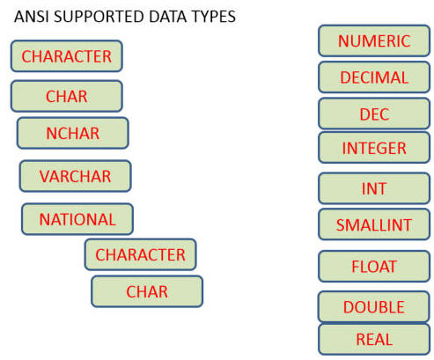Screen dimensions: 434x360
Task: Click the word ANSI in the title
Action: tap(32, 17)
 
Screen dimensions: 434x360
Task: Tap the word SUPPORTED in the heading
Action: tap(99, 17)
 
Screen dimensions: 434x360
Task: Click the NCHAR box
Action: tap(73, 133)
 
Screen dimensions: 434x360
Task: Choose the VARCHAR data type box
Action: tap(76, 176)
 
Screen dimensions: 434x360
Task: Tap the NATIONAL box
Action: tap(77, 219)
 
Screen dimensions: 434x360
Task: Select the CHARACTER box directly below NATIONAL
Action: tap(141, 254)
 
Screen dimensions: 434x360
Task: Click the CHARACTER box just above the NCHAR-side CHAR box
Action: tap(67, 55)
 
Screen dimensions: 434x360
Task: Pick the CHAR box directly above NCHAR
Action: tap(67, 96)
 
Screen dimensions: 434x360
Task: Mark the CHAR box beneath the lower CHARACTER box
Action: tap(147, 291)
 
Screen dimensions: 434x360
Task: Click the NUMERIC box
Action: tap(374, 40)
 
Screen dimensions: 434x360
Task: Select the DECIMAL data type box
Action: tap(374, 77)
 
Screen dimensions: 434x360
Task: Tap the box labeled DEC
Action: tap(374, 114)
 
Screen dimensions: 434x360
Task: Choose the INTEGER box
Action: tap(374, 148)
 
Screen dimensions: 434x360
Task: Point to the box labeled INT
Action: tap(374, 188)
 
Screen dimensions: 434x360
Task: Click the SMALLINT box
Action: tap(374, 224)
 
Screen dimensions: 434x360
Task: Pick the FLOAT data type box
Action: tap(374, 267)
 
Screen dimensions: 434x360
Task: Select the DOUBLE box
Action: tap(374, 306)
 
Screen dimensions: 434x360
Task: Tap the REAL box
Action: tap(374, 339)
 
